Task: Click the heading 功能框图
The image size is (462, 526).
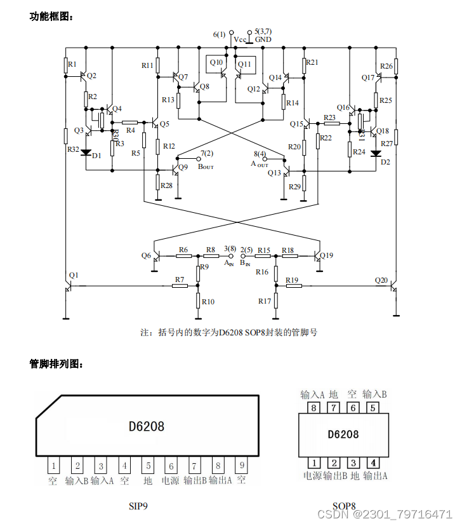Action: [x=51, y=17]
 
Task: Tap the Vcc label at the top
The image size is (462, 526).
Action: [x=240, y=39]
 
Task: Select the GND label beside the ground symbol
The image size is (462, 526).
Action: [x=263, y=39]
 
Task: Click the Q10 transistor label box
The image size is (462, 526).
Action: [x=216, y=63]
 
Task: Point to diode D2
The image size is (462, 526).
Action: [x=376, y=152]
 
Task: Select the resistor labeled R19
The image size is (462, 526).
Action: [x=293, y=286]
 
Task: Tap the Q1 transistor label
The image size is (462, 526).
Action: [x=74, y=275]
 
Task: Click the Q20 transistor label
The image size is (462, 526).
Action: [x=381, y=280]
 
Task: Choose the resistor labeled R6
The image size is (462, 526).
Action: [x=183, y=256]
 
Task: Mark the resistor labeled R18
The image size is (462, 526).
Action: [x=288, y=256]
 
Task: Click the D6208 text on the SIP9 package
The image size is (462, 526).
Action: [x=146, y=426]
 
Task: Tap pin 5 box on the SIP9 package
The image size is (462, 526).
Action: [x=147, y=466]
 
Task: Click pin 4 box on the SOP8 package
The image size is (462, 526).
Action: [x=374, y=462]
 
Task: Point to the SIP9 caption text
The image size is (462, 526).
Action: [x=138, y=506]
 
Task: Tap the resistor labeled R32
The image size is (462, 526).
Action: [x=65, y=135]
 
